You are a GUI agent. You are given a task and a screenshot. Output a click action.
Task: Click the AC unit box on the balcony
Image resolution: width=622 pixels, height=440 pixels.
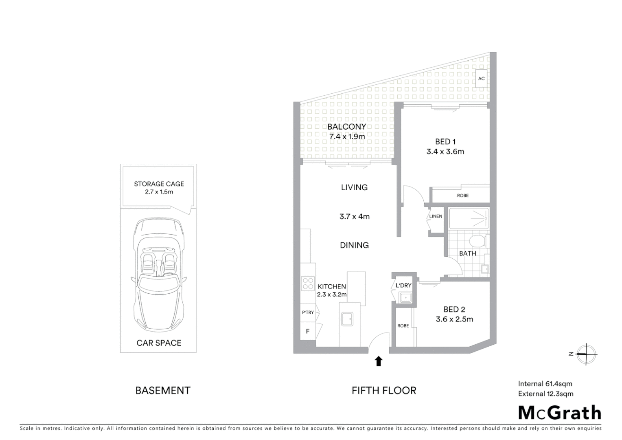tap(481, 78)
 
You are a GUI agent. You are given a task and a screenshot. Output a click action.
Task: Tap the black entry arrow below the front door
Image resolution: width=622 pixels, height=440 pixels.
tap(379, 361)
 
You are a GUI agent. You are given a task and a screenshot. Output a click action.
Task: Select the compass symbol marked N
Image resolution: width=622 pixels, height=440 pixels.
tap(587, 354)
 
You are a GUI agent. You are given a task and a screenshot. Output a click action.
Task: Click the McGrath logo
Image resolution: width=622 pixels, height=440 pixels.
tap(559, 413)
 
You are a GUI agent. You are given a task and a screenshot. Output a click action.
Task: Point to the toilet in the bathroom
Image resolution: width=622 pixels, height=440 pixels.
tap(476, 241)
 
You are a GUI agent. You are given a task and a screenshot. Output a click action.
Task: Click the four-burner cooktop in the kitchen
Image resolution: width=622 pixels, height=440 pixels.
tap(308, 283)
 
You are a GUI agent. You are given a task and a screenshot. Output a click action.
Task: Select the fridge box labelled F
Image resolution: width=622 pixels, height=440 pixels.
tap(308, 331)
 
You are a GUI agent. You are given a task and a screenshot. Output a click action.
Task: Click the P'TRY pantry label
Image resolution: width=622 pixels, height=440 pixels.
tap(308, 312)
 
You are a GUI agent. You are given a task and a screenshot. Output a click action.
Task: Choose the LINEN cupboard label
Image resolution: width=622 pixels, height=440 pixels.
tap(436, 216)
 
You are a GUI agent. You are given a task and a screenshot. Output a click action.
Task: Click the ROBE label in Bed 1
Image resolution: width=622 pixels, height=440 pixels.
tap(462, 196)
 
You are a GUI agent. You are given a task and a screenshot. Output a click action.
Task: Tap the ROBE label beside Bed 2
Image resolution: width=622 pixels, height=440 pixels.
tap(403, 326)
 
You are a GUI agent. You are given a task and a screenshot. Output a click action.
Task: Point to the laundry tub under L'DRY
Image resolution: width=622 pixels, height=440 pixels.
tap(405, 298)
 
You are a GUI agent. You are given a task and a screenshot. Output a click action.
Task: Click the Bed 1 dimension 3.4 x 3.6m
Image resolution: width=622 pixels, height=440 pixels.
tap(445, 152)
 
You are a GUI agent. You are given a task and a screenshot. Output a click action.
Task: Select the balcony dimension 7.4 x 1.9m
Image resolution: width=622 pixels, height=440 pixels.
tap(347, 136)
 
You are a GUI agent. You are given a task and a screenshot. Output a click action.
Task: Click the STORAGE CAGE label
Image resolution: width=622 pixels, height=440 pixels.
tap(159, 184)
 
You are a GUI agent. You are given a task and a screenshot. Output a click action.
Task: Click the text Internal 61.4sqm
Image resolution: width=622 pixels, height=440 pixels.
tap(545, 383)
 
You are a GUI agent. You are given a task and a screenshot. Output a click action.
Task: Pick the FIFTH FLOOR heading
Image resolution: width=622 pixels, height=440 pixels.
tap(383, 391)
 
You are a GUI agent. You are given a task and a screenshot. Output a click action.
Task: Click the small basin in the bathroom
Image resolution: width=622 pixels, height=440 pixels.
tap(484, 268)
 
